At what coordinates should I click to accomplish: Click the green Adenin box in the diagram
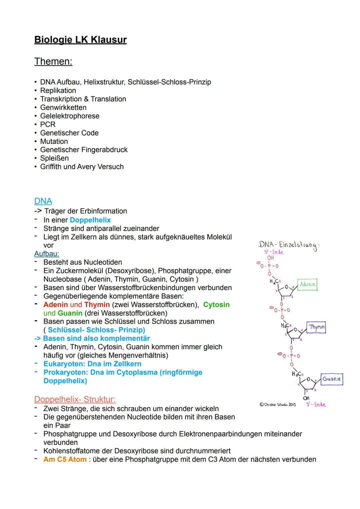[307, 284]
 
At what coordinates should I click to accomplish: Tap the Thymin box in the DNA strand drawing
[316, 327]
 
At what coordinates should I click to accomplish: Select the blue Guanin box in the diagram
[332, 379]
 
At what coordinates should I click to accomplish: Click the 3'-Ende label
[316, 404]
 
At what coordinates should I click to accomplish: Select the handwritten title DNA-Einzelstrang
[288, 245]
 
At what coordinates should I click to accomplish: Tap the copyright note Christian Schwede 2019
[278, 404]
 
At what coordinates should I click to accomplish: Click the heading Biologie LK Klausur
[80, 40]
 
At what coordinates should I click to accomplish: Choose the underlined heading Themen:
[53, 62]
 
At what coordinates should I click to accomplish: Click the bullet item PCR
[48, 124]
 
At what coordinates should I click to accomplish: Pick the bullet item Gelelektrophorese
[70, 116]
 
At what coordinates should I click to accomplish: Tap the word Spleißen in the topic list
[54, 158]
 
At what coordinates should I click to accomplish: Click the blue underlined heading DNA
[43, 201]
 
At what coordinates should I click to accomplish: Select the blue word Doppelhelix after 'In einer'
[90, 220]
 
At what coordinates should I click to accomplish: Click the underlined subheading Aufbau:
[47, 254]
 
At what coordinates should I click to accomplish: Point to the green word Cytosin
[216, 305]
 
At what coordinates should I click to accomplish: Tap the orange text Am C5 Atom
[65, 459]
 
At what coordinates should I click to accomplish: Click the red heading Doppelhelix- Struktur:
[75, 399]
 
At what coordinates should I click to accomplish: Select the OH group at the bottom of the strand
[306, 398]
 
